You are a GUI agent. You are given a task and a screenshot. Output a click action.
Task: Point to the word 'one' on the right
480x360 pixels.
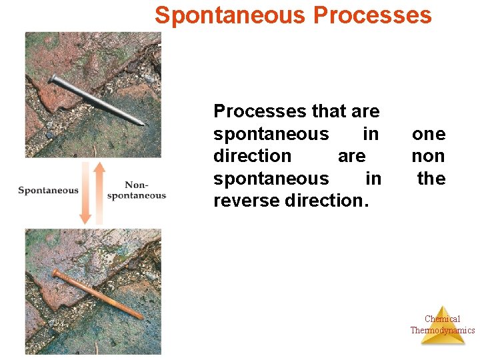click(429, 134)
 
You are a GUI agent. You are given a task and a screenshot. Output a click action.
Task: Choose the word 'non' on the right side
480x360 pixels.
click(429, 156)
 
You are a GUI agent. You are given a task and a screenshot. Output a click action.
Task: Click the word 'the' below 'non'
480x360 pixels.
click(431, 179)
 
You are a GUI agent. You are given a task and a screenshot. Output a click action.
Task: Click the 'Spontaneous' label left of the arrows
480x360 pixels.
click(48, 191)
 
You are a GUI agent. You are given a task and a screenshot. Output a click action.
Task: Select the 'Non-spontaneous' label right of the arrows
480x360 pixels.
click(137, 191)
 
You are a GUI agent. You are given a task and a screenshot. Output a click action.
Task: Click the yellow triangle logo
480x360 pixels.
click(442, 327)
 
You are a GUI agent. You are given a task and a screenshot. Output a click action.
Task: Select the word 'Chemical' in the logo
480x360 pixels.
click(442, 319)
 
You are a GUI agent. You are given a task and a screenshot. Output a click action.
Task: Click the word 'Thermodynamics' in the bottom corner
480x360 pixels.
click(442, 330)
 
